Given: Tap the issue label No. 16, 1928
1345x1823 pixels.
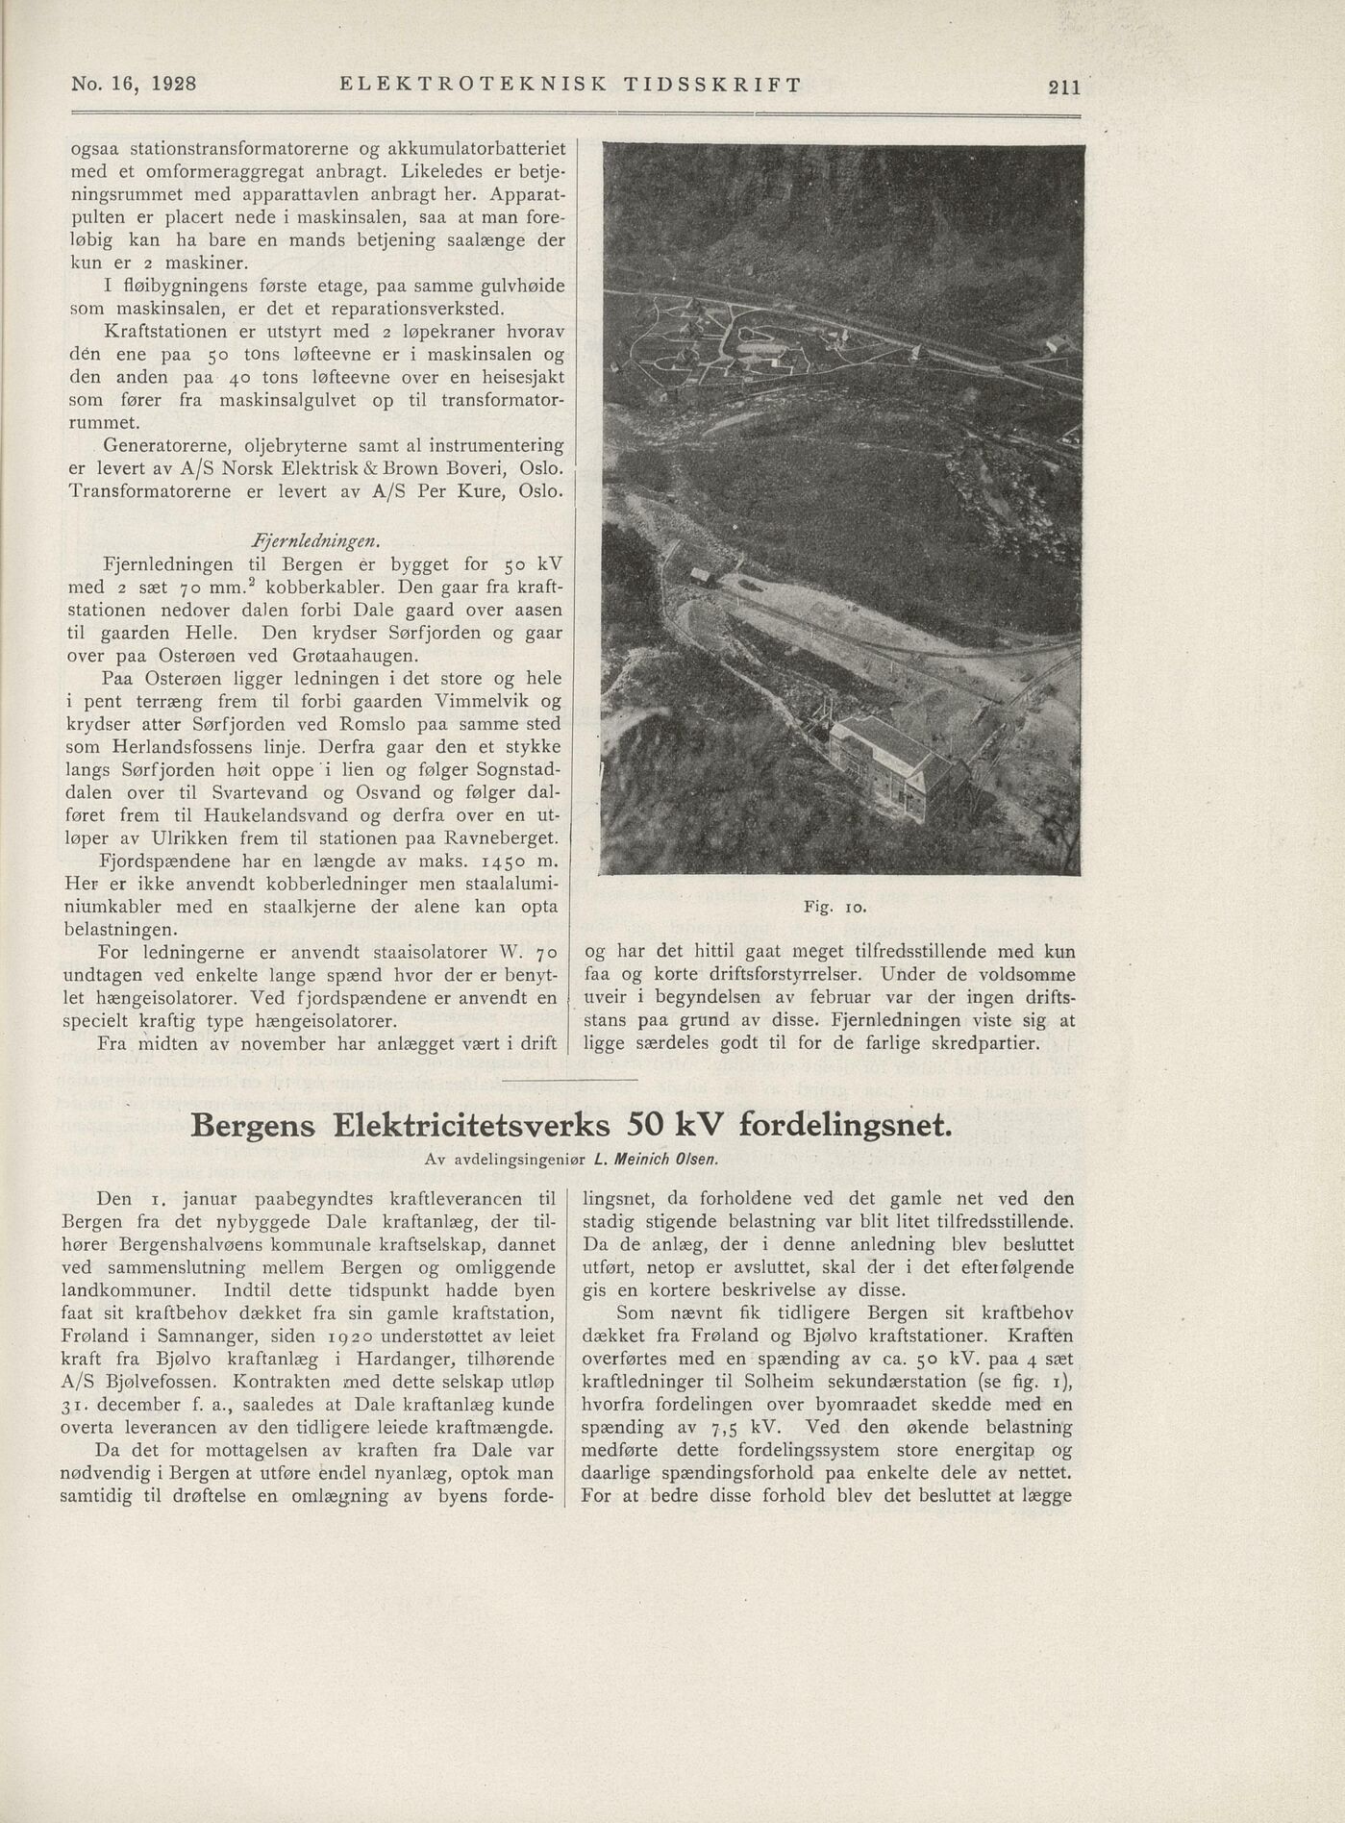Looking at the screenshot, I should pyautogui.click(x=135, y=84).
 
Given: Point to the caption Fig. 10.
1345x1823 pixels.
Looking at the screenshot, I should pyautogui.click(x=835, y=907).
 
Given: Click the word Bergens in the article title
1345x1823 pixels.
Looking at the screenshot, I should pyautogui.click(x=254, y=1125).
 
